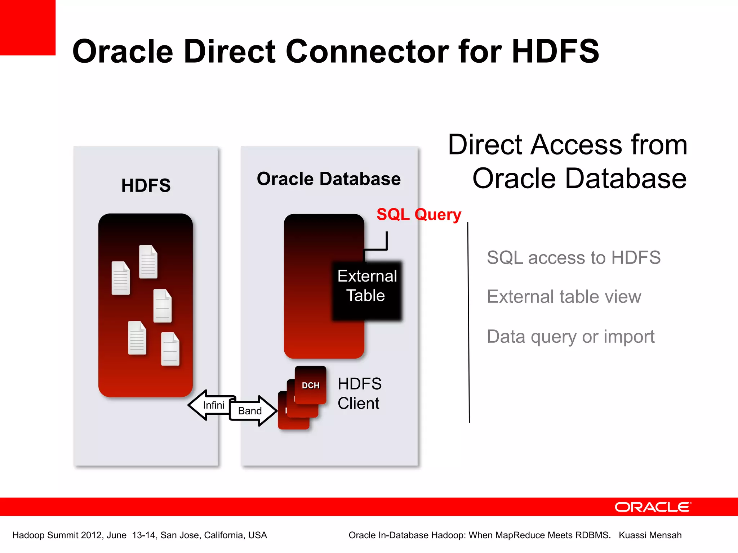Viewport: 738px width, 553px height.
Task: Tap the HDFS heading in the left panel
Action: pyautogui.click(x=146, y=185)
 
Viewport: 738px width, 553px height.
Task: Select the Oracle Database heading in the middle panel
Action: pyautogui.click(x=328, y=179)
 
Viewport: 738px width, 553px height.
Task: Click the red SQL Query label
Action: pyautogui.click(x=418, y=215)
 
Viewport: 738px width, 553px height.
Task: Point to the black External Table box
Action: pyautogui.click(x=366, y=290)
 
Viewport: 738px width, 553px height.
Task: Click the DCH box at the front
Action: pyautogui.click(x=310, y=385)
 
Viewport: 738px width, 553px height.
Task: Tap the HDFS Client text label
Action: pyautogui.click(x=359, y=393)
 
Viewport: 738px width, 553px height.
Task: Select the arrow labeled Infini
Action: pyautogui.click(x=211, y=405)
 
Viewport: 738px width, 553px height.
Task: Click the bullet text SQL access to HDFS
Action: pyautogui.click(x=573, y=258)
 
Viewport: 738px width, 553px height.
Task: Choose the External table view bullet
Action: pyautogui.click(x=564, y=297)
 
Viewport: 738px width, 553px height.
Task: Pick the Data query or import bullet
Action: pyautogui.click(x=570, y=337)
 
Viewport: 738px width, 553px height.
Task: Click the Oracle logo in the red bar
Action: pyautogui.click(x=653, y=507)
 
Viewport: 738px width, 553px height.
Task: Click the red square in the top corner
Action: pyautogui.click(x=27, y=27)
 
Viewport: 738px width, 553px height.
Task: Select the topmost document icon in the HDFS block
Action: pyautogui.click(x=148, y=262)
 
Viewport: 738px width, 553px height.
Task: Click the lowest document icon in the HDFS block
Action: pyautogui.click(x=170, y=349)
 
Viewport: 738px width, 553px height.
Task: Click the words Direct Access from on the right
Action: pyautogui.click(x=568, y=145)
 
